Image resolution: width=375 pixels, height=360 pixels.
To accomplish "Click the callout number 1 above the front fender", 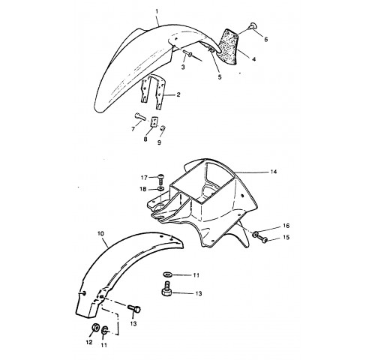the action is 157,11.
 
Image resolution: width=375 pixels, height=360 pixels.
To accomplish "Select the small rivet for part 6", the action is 253,25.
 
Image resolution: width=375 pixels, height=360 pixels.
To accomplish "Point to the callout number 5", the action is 220,77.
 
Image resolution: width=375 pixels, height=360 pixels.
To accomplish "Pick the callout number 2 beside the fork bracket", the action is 178,94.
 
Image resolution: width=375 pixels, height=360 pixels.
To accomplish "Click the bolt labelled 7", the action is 139,116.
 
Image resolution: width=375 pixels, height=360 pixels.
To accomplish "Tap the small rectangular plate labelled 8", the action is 154,121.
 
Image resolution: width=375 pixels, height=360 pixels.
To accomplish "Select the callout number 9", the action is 159,142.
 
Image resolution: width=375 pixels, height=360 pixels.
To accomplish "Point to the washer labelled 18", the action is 161,188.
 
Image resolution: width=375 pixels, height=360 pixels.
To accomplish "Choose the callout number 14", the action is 274,172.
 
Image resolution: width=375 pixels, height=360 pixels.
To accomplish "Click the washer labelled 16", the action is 255,234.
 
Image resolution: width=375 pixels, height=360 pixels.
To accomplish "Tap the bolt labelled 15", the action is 262,239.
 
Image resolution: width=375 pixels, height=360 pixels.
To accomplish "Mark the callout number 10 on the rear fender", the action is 101,234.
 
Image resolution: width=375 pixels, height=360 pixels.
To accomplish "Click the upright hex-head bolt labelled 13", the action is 166,289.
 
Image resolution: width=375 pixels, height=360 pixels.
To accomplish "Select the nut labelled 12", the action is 95,328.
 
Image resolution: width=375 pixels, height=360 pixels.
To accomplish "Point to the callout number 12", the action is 89,342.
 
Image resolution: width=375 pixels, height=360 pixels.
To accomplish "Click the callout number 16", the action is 286,226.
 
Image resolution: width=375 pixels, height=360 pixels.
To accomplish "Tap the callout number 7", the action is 133,129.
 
